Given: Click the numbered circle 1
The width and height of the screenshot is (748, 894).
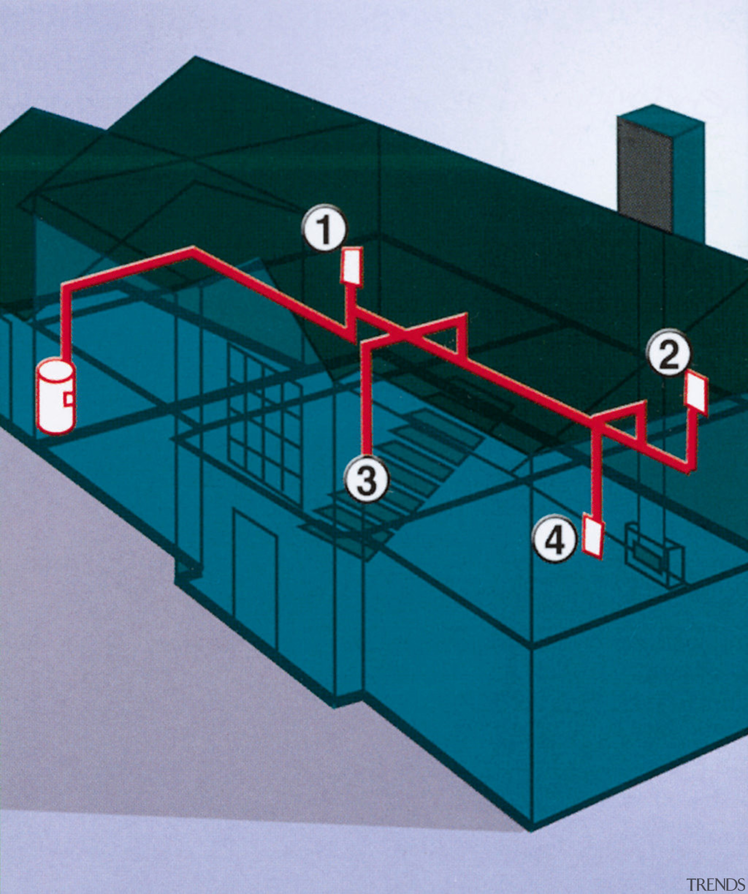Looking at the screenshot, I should (x=325, y=230).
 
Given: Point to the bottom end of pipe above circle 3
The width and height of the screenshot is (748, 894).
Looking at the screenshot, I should (x=367, y=453).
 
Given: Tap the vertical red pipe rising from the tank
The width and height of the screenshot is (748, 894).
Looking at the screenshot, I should (x=66, y=324).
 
